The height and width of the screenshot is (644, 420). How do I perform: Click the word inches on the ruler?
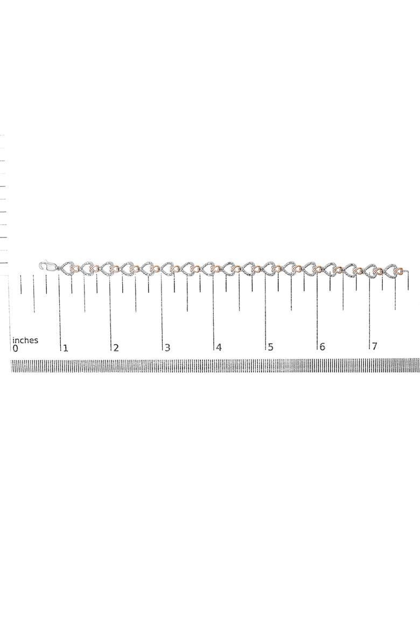[25, 340]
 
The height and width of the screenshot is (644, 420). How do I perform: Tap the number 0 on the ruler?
[15, 349]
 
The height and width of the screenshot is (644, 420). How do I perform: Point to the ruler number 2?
[116, 348]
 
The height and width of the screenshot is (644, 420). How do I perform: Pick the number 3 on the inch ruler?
[167, 348]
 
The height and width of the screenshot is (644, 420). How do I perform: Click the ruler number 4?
[219, 347]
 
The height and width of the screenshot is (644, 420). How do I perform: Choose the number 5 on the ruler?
[270, 347]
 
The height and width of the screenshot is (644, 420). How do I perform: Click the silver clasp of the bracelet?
[47, 266]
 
